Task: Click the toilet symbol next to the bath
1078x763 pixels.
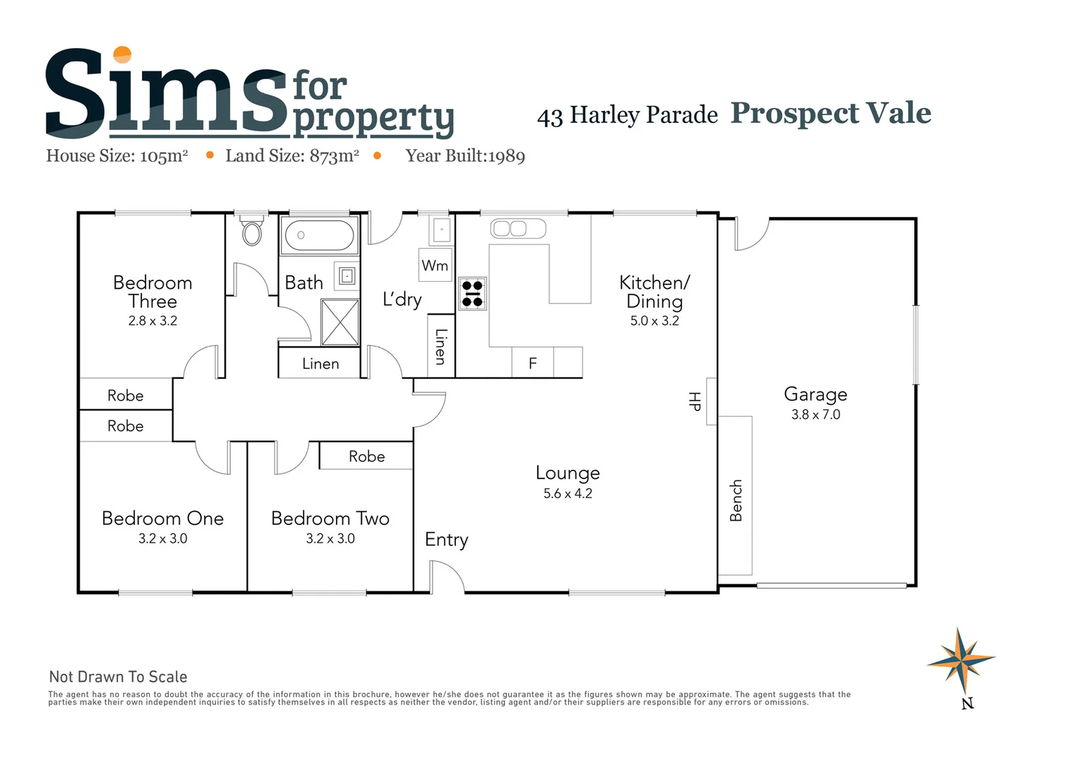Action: (x=252, y=232)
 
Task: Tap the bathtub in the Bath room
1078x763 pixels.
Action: (x=320, y=235)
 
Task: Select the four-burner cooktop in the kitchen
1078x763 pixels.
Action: (x=472, y=293)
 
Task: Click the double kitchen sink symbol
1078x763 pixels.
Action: (x=518, y=228)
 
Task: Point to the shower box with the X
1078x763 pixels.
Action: (x=340, y=322)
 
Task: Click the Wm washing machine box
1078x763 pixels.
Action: (x=435, y=265)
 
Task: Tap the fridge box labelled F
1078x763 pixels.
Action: (x=532, y=362)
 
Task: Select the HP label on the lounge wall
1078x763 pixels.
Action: (x=695, y=401)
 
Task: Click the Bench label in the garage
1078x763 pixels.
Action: (x=736, y=500)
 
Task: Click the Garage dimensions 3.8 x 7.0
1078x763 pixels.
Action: (x=815, y=415)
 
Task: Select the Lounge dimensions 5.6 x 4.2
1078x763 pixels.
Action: (x=568, y=494)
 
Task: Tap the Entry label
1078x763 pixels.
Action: (x=446, y=540)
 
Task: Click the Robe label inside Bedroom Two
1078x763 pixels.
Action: (x=366, y=456)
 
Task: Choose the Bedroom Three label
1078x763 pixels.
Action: (x=152, y=292)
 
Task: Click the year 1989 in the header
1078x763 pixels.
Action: (x=506, y=156)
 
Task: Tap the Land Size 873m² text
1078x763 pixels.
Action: (x=292, y=156)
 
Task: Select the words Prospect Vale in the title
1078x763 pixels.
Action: (x=830, y=113)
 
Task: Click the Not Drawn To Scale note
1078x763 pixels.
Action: (x=118, y=677)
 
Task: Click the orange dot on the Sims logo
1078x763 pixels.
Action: (x=122, y=54)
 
